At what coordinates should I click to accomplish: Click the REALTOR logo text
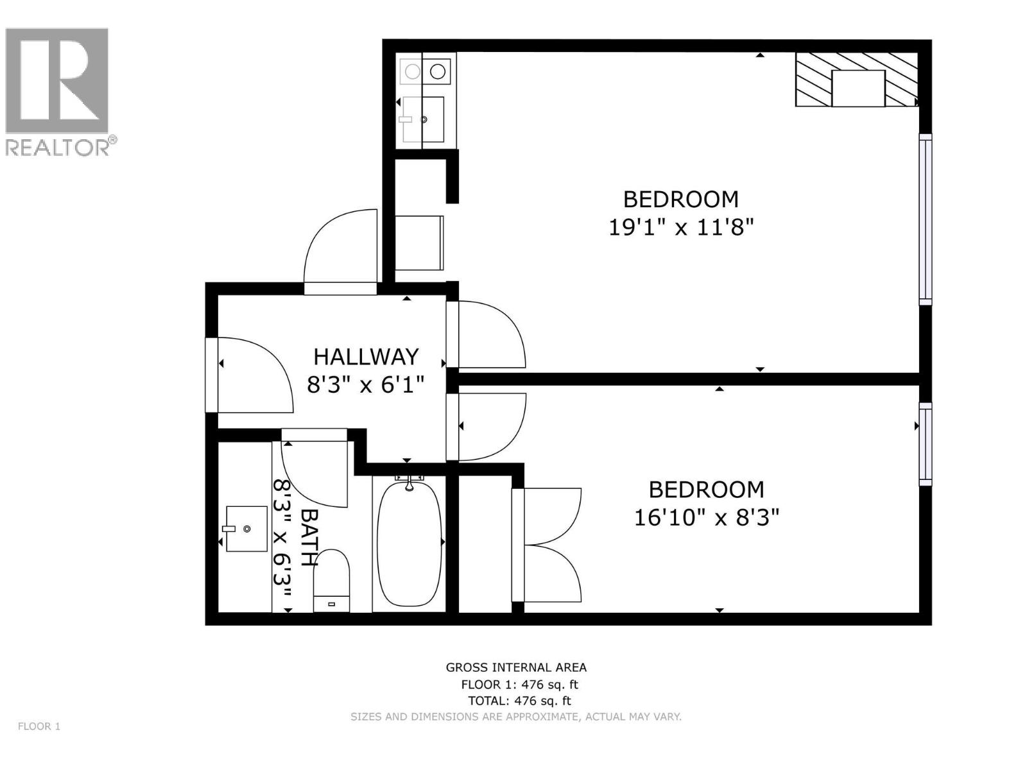point(60,147)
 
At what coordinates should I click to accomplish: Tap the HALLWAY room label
point(366,356)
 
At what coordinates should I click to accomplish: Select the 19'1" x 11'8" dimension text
point(680,227)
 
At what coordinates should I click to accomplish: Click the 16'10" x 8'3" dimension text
point(706,517)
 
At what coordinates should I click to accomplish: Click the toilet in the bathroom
point(332,577)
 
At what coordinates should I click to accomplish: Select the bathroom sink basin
point(246,529)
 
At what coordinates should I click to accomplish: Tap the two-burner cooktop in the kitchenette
point(425,71)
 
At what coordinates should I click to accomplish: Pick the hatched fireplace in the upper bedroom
point(858,80)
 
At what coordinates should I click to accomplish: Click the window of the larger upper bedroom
point(925,219)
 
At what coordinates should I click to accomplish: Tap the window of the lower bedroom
point(925,443)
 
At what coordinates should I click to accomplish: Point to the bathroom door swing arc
point(315,472)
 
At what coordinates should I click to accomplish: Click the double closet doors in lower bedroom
point(549,545)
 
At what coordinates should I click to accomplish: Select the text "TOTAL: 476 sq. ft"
point(519,701)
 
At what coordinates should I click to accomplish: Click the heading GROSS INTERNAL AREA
point(516,667)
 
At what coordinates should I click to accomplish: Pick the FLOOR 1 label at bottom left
point(39,726)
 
